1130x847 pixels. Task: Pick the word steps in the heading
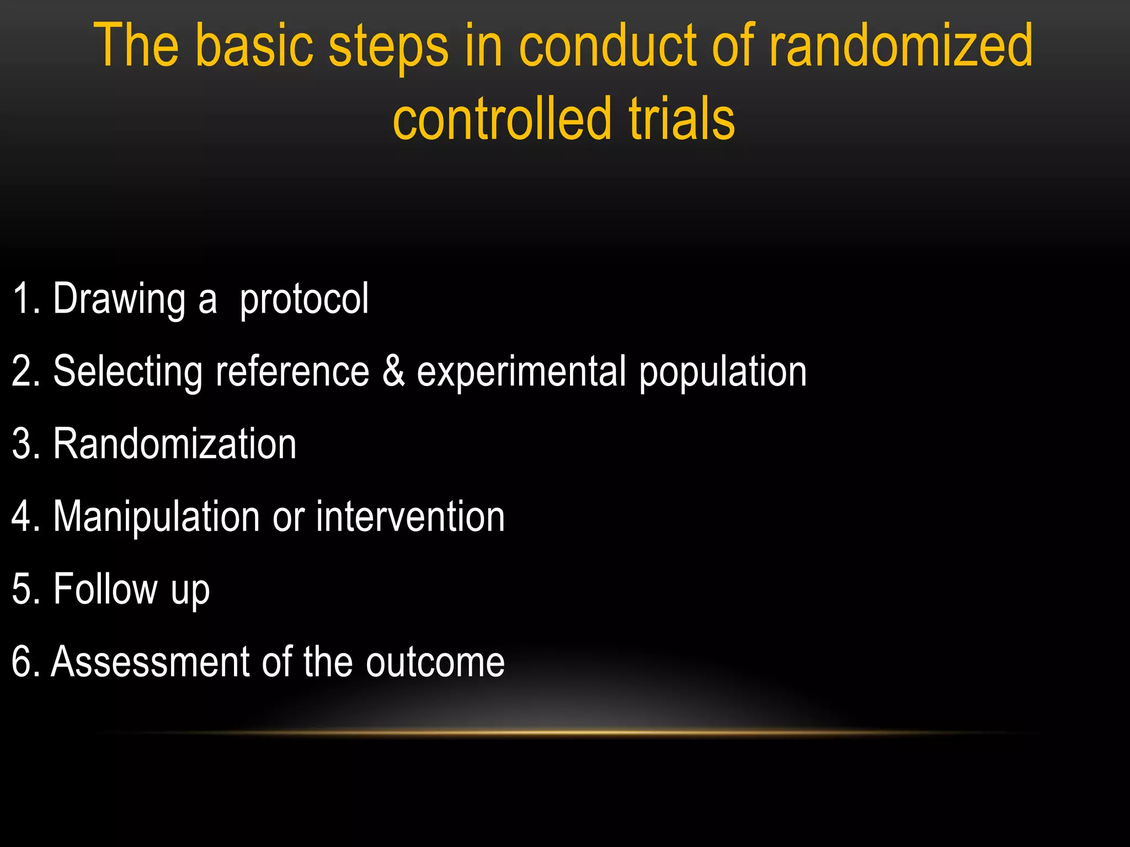(388, 47)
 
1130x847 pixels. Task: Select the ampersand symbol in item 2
(393, 371)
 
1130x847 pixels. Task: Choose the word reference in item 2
(292, 371)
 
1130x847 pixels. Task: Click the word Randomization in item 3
(175, 444)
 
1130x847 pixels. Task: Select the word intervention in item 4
(411, 517)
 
